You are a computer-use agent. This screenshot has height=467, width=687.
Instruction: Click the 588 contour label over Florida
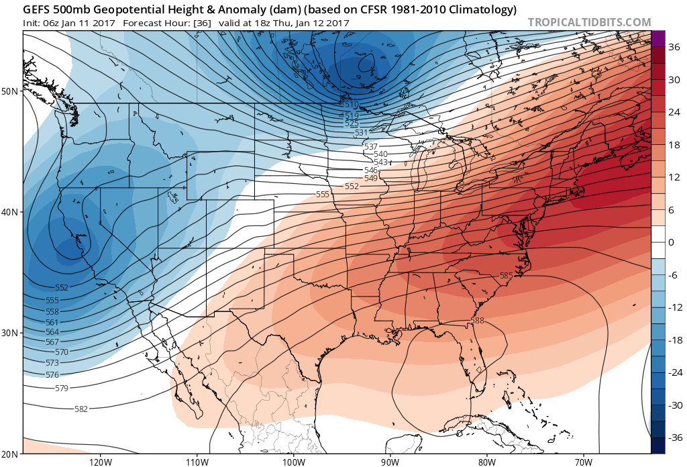477,321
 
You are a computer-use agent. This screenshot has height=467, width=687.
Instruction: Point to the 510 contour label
351,105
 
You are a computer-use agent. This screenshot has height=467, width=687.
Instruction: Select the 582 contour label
82,409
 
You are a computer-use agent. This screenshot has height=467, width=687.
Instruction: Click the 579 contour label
62,388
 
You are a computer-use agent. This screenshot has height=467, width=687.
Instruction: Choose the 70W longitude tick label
582,462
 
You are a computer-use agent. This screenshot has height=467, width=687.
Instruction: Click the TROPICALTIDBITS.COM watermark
589,21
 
